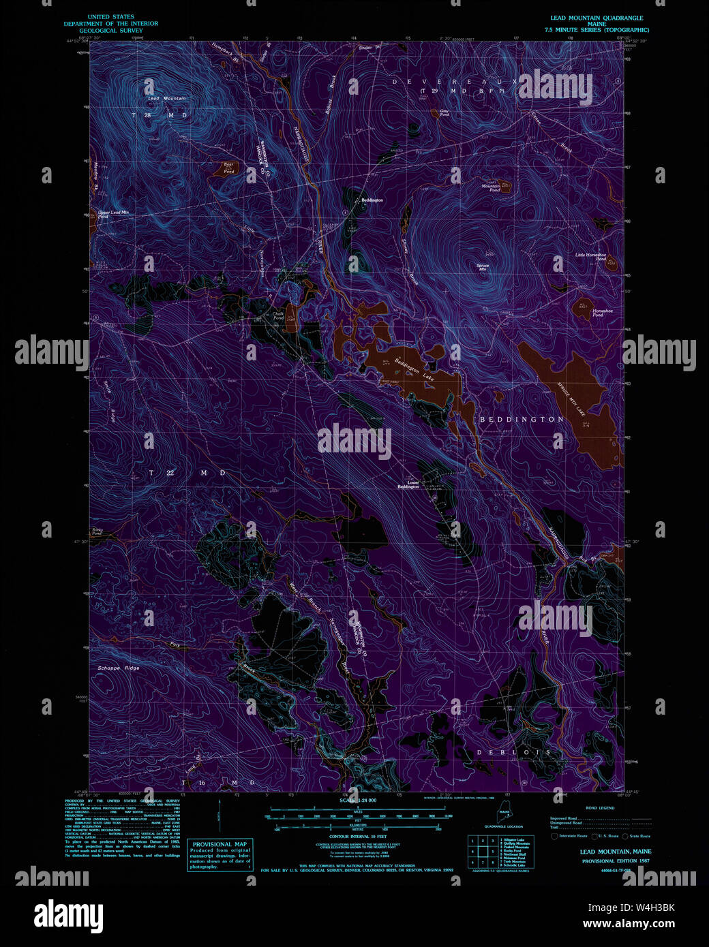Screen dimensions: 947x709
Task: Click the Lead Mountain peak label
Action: (x=167, y=99)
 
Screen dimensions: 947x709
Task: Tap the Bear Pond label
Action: (x=229, y=168)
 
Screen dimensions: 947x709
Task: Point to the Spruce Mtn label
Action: (x=483, y=267)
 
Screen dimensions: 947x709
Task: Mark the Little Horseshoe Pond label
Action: (x=590, y=257)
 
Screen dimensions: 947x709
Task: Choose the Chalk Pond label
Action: (x=278, y=316)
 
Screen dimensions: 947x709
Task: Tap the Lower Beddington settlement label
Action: (x=408, y=484)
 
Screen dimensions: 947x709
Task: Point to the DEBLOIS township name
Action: (x=513, y=752)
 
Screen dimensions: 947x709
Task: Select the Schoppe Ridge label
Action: (x=119, y=668)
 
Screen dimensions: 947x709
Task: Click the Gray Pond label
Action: (x=444, y=113)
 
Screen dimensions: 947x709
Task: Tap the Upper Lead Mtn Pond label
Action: (x=113, y=214)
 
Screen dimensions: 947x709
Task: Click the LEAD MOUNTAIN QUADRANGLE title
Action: (x=597, y=18)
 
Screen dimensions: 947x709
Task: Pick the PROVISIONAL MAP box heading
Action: (x=220, y=844)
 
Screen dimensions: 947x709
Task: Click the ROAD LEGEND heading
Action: (x=600, y=808)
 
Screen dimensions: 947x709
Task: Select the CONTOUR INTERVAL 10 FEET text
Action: (x=358, y=836)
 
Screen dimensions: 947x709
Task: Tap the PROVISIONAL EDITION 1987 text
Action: (x=615, y=861)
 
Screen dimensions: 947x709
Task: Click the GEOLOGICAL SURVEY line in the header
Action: (x=111, y=31)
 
